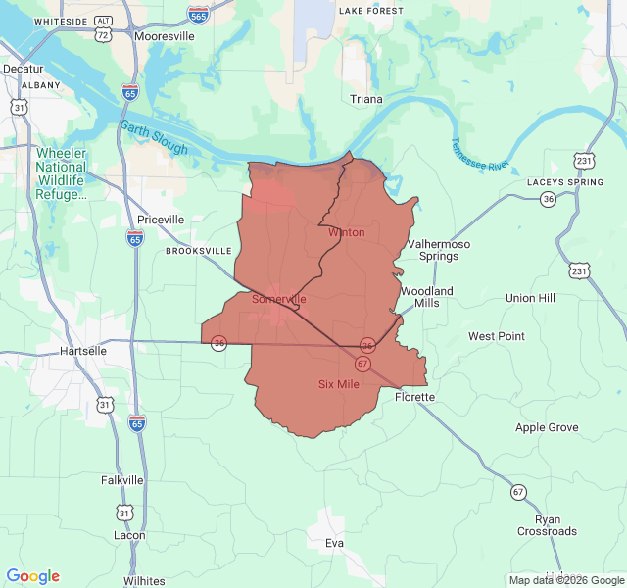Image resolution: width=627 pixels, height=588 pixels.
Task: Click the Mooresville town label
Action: (x=167, y=36)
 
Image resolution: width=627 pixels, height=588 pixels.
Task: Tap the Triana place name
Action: (x=366, y=100)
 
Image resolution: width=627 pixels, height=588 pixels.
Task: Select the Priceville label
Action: (x=161, y=220)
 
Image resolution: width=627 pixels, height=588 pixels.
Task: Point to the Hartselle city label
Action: (x=82, y=350)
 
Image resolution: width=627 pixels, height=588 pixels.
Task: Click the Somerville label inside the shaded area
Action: (x=279, y=299)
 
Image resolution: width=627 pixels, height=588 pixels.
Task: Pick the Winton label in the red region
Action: (x=347, y=232)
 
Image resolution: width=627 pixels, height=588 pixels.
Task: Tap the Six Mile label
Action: (x=339, y=384)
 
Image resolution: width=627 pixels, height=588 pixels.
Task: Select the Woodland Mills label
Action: (x=426, y=297)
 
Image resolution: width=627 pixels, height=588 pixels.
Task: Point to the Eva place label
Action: (x=335, y=542)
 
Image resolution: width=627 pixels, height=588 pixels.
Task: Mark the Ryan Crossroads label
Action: (x=548, y=525)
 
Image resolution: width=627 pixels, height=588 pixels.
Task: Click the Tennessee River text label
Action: (x=480, y=153)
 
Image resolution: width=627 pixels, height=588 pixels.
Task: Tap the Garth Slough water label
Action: (x=154, y=138)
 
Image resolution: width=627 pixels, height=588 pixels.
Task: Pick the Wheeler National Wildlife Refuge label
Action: (x=62, y=173)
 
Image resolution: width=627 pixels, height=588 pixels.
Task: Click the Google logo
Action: (x=33, y=576)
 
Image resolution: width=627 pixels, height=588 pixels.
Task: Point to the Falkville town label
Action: (x=122, y=480)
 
